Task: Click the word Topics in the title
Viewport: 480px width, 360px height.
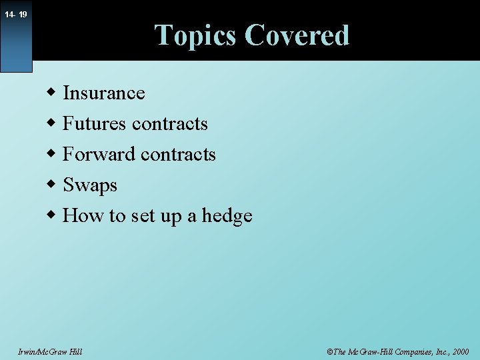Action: point(197,35)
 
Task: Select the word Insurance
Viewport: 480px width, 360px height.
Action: point(104,93)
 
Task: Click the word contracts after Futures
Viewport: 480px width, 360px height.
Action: point(170,124)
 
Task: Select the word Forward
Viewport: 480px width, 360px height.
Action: point(99,154)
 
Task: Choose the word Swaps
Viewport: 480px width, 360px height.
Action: point(90,185)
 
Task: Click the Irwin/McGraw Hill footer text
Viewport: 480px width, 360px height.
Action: point(51,351)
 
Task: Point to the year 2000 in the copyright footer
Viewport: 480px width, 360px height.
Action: point(459,351)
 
